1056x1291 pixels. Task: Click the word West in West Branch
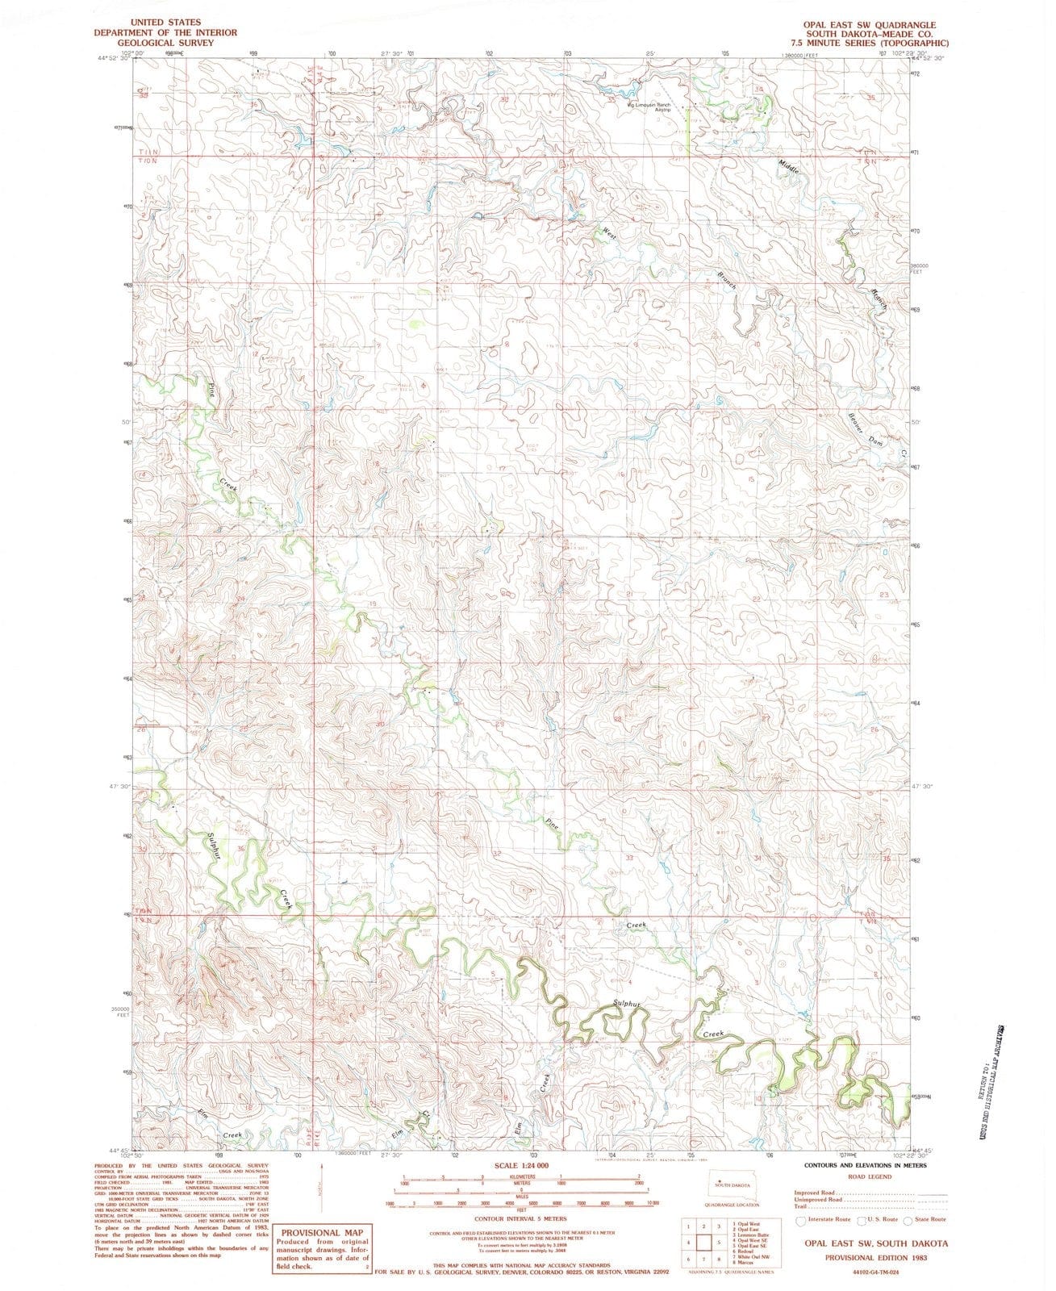click(x=609, y=232)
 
